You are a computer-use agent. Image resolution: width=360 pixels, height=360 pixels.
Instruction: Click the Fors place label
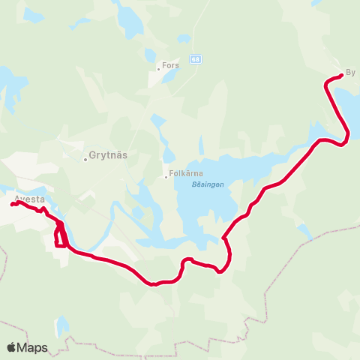[x=171, y=66]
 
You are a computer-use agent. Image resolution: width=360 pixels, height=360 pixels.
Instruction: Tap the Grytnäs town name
[x=105, y=158]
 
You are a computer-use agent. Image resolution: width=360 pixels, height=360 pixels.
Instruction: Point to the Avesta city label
[x=30, y=199]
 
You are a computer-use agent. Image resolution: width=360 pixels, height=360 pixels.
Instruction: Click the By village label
[x=349, y=73]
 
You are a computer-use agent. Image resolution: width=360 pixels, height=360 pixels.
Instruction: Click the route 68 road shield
[x=195, y=58]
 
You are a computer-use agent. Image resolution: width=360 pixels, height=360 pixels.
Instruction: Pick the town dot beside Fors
[x=159, y=68]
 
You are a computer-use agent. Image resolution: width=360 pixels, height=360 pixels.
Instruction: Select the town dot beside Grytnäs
[x=85, y=158]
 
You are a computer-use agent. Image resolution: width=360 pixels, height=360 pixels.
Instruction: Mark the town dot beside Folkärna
[x=166, y=177]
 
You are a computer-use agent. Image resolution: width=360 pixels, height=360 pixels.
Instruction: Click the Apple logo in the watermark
[x=12, y=347]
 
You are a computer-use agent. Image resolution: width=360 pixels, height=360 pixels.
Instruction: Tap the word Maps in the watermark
[x=33, y=347]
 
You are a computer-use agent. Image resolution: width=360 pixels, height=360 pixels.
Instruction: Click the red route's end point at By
[x=341, y=75]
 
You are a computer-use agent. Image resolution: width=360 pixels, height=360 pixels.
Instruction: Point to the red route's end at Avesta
[x=13, y=204]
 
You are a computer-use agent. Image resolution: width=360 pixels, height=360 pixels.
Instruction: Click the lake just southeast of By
[x=347, y=105]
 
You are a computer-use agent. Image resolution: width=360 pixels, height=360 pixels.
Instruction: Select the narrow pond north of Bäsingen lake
[x=201, y=145]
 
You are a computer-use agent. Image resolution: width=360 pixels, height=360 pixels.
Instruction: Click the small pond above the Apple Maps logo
[x=61, y=325]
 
